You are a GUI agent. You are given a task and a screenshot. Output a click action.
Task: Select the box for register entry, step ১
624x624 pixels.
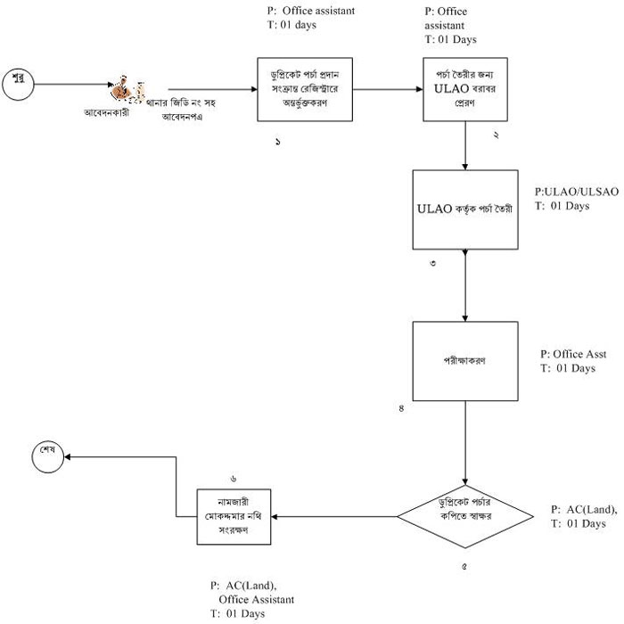(306, 89)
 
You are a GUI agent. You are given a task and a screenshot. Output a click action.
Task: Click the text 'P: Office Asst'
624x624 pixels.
(573, 354)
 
